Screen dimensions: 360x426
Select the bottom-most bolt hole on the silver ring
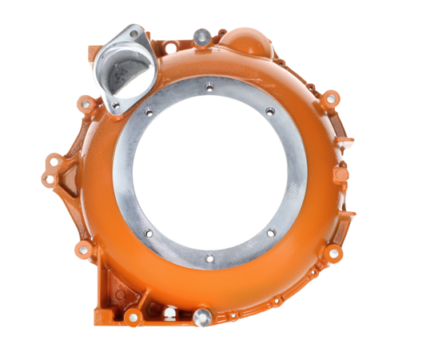coord(210,259)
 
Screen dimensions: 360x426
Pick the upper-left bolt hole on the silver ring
coord(149,111)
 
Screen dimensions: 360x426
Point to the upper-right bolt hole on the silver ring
coord(270,110)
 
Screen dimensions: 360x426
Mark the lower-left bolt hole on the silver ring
coord(149,234)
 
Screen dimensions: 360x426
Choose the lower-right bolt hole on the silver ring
coord(271,233)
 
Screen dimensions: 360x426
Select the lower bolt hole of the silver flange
coord(116,104)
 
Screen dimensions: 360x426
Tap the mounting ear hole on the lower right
coord(335,253)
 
